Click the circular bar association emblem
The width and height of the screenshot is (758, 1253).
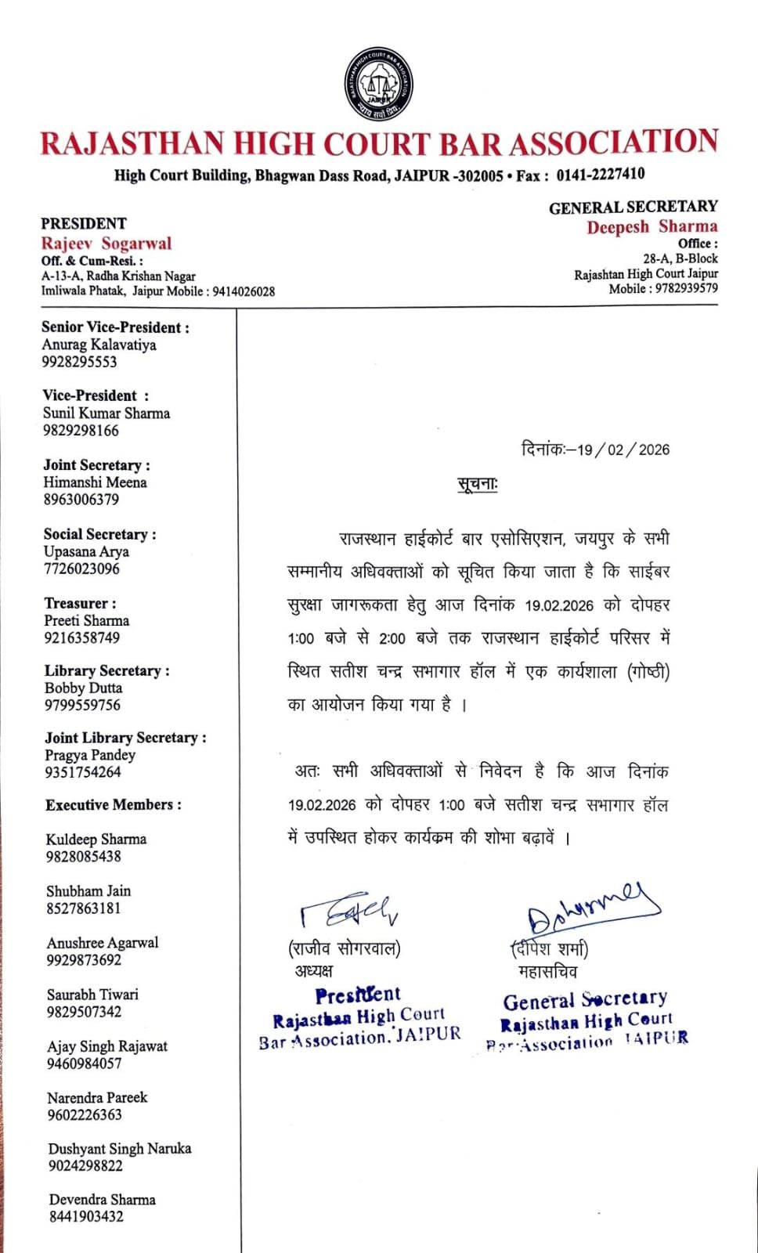tap(378, 85)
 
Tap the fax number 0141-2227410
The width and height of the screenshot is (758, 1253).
tap(601, 175)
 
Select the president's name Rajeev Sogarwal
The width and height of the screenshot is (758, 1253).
tap(106, 244)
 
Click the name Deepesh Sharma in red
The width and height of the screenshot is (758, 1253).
tap(652, 227)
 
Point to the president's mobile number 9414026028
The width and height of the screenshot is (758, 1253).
tap(244, 291)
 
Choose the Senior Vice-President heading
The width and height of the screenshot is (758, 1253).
tap(115, 327)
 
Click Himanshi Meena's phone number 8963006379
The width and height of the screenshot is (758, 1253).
tap(81, 500)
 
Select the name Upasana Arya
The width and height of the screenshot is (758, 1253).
tap(86, 551)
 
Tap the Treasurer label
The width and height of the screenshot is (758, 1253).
tap(80, 603)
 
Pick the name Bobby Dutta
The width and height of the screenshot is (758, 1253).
tap(83, 688)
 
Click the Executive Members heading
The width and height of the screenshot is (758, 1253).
tap(114, 805)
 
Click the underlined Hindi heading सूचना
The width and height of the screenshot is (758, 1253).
tap(478, 485)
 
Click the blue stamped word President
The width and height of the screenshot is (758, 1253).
tap(358, 995)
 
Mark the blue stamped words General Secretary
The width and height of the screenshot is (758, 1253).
tap(585, 1000)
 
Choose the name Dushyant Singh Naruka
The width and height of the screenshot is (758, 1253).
tap(120, 1149)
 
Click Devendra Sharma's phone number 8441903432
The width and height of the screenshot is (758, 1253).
tap(86, 1216)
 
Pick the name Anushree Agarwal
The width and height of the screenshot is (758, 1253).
tap(103, 943)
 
